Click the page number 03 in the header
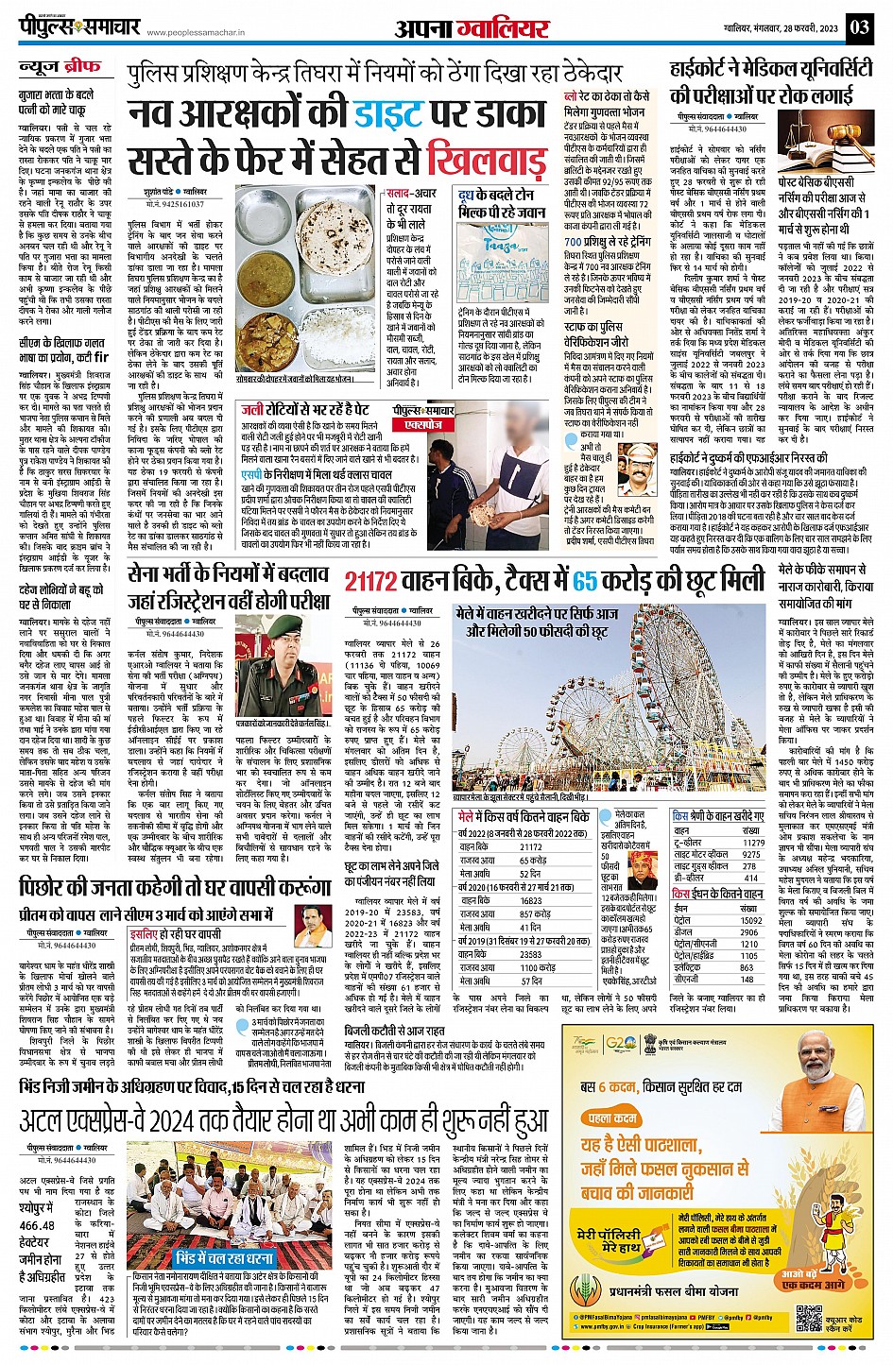point(861,26)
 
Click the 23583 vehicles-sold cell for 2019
point(531,954)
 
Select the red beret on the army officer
point(284,625)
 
